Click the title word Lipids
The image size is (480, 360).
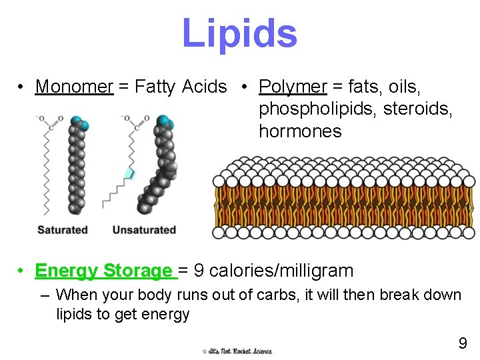coord(239,33)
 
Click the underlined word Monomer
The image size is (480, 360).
coord(74,87)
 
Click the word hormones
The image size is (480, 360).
coord(300,131)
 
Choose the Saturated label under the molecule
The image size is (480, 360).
coord(62,230)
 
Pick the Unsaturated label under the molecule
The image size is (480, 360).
coord(144,230)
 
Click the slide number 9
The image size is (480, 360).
coord(462,344)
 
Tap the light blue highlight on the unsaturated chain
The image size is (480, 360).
coord(129,173)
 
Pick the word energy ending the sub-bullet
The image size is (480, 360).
coord(169,314)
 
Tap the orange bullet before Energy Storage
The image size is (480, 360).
coord(23,271)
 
